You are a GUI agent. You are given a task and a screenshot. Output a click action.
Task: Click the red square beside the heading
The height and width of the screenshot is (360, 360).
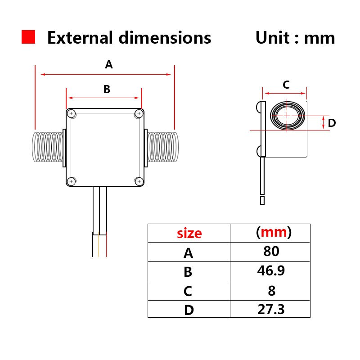28,37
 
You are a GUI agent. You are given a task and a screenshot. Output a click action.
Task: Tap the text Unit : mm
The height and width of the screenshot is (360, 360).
295,38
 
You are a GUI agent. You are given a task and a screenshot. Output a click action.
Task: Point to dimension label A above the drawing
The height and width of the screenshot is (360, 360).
109,65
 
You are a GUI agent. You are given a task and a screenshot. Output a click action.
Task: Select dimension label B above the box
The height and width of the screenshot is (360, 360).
107,89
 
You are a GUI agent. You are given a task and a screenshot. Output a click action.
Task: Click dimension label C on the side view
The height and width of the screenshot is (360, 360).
286,84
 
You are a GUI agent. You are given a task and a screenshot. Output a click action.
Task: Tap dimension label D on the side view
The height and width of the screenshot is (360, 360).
332,123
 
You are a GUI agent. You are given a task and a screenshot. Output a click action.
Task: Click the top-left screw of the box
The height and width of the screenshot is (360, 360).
72,113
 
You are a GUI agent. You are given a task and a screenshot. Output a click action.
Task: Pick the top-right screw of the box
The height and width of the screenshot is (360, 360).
139,113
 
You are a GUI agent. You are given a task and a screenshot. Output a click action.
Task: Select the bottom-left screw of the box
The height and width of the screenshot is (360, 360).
72,181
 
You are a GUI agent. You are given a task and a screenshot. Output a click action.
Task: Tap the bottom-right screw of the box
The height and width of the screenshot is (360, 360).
139,181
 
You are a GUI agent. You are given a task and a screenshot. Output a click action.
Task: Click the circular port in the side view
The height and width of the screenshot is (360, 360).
287,116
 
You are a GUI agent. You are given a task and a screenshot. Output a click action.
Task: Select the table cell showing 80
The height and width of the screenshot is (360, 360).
271,251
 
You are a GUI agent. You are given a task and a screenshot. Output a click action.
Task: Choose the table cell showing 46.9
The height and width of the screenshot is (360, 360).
271,271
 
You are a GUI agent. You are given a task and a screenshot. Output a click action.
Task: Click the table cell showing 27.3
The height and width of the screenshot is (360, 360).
271,309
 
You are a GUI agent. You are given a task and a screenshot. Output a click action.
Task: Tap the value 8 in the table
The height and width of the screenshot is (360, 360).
271,290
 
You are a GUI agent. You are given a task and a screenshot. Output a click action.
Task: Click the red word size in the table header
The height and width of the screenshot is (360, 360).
189,233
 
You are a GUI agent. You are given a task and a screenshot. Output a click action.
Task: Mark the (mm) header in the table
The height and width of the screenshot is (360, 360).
273,232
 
